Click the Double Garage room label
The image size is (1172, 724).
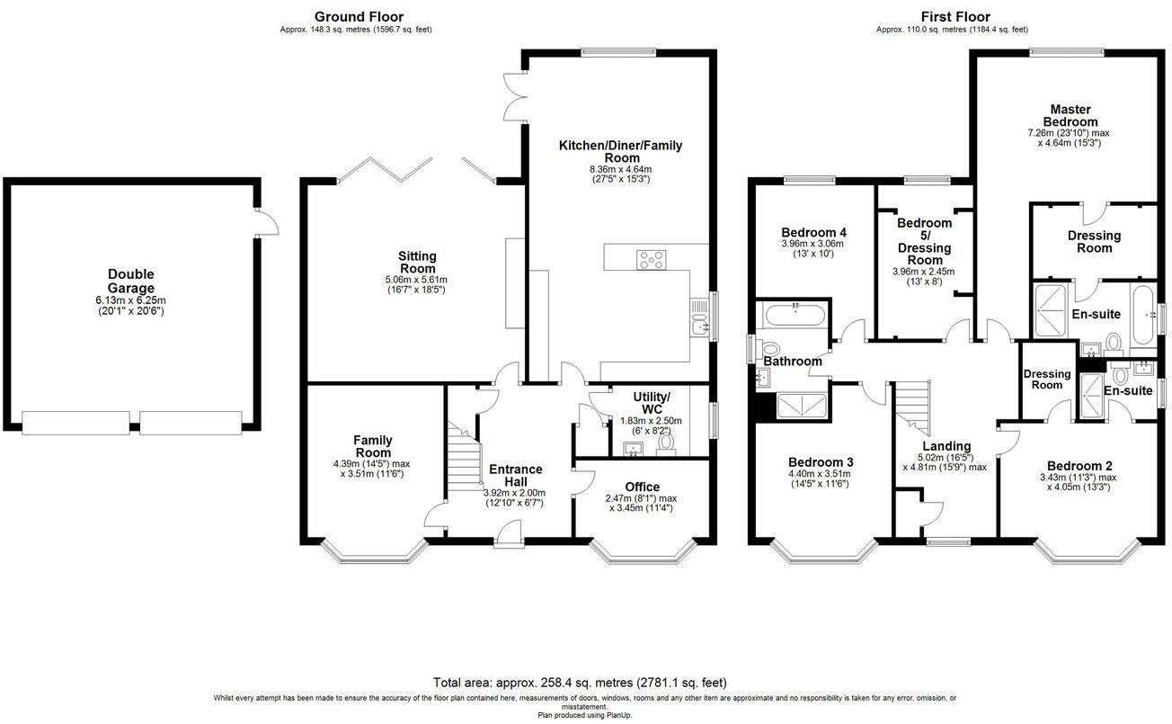click(x=131, y=282)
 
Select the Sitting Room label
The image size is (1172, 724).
click(x=417, y=263)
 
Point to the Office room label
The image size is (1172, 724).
click(x=642, y=487)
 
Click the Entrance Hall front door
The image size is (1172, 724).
click(x=509, y=534)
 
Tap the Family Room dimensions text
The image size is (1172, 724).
click(x=371, y=469)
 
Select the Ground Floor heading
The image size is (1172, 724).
click(x=359, y=17)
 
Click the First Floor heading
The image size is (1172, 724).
click(x=955, y=17)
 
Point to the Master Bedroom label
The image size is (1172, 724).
click(x=1070, y=116)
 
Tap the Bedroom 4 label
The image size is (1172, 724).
click(x=813, y=232)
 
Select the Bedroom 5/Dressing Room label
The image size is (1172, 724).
click(x=925, y=241)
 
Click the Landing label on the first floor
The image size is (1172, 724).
click(x=946, y=446)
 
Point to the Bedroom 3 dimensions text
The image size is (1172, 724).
click(x=820, y=478)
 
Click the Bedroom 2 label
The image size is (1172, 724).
click(x=1079, y=466)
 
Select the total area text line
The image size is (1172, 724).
click(x=580, y=683)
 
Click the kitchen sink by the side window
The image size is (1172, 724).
click(x=699, y=318)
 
